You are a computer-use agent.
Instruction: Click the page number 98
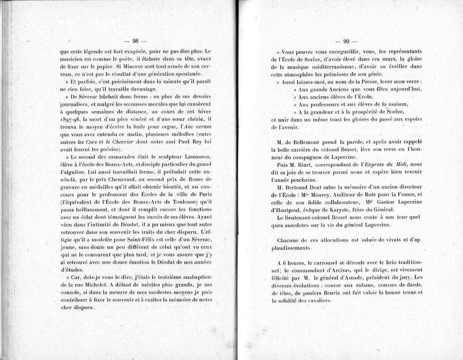135,41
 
